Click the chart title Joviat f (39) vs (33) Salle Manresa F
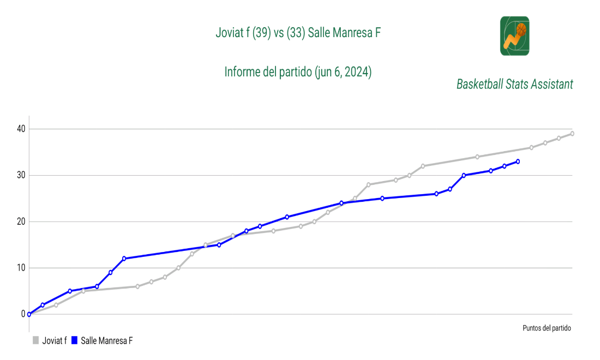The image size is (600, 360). coord(298,33)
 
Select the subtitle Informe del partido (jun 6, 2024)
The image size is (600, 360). coord(298,72)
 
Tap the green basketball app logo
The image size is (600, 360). coord(514,35)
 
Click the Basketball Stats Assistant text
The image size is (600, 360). coord(514,85)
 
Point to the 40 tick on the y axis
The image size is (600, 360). coord(20,129)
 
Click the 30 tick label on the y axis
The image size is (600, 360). coord(20,176)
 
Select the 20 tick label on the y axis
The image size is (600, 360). coord(20,222)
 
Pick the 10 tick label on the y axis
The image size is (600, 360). coord(20,268)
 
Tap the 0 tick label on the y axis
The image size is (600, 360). coord(23,314)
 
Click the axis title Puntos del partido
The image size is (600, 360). coord(547,328)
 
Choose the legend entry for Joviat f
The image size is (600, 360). coord(50,341)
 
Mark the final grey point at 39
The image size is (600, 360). coord(572,134)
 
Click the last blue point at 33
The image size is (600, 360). coord(518,161)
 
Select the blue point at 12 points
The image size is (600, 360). coord(124,259)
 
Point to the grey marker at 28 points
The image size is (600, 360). coord(369,185)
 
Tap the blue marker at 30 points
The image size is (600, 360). coord(464,176)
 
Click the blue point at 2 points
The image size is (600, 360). coord(43,305)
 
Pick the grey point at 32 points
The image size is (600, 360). coord(423,166)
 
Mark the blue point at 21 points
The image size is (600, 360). coord(287,217)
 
